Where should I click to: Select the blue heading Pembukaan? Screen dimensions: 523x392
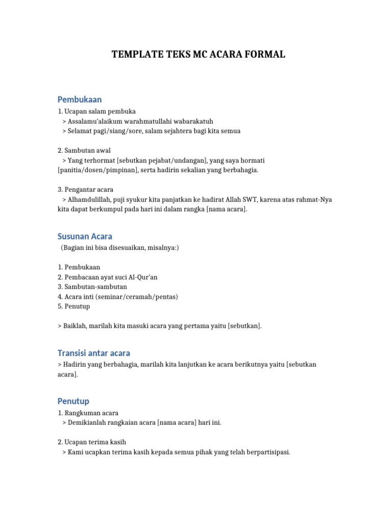(x=80, y=99)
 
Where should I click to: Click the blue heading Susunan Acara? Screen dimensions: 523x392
(x=85, y=236)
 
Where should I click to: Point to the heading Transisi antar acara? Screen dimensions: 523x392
(x=94, y=353)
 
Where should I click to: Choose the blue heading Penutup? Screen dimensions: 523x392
(x=73, y=401)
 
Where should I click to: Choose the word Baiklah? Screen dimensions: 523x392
(x=77, y=326)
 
